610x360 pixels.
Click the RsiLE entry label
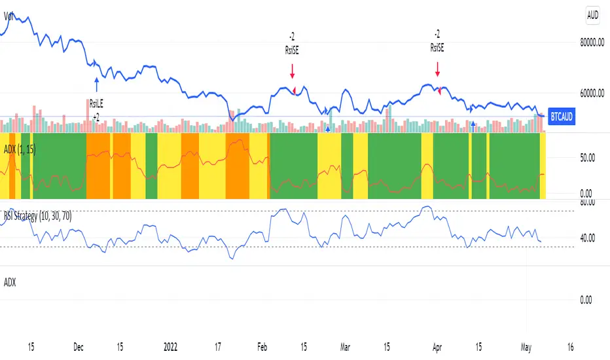tap(96, 103)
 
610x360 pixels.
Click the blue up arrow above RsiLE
tap(96, 84)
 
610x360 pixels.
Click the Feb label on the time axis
tap(262, 346)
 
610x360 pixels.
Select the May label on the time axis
tap(526, 346)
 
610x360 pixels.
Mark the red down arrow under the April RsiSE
tap(437, 69)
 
